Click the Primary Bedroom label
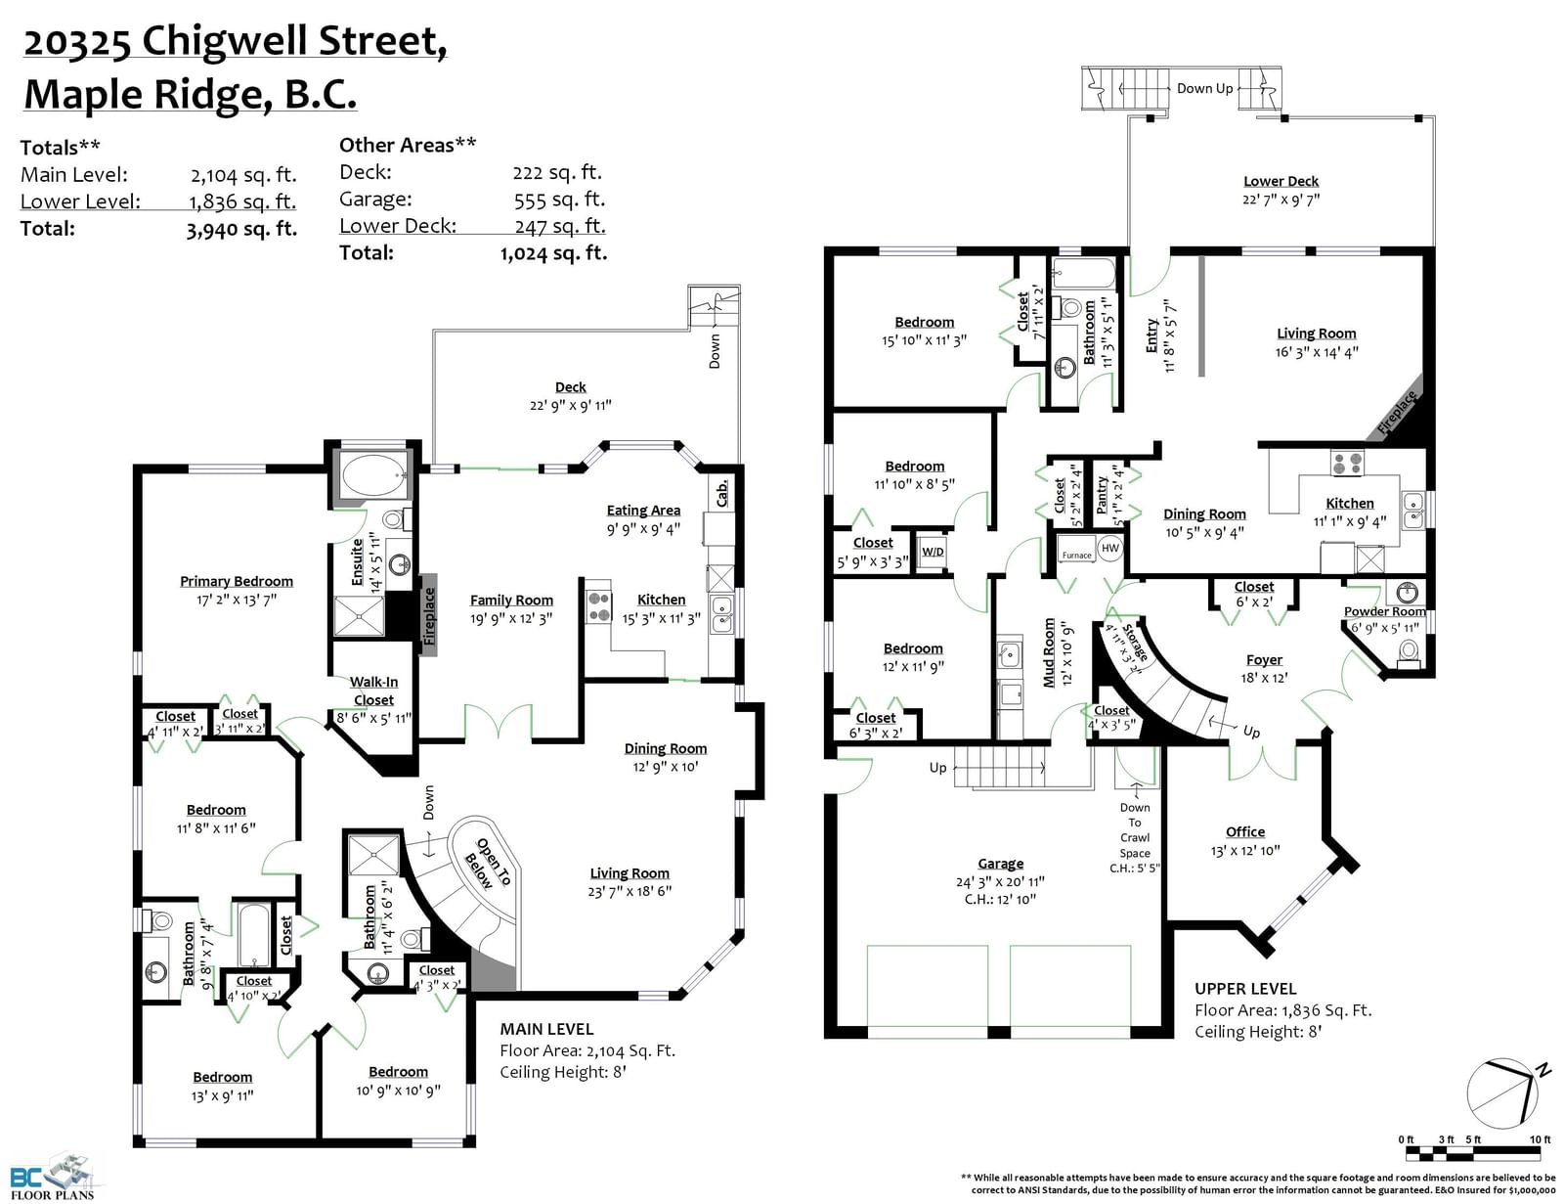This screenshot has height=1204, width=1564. (237, 581)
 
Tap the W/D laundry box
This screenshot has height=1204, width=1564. (933, 553)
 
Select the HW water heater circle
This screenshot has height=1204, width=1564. (1110, 548)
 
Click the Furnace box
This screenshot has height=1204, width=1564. (1077, 555)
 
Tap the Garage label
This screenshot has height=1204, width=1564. (1000, 864)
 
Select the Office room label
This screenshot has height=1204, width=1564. (1245, 831)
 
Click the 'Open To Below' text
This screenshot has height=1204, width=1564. (487, 864)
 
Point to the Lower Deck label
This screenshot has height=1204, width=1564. (1282, 182)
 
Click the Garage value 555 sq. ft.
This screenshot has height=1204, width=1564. (559, 200)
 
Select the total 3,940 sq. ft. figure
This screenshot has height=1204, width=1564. (241, 229)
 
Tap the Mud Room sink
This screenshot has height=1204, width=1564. (1009, 654)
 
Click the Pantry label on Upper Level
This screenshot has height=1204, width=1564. (1102, 495)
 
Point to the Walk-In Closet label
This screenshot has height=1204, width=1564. (373, 691)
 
